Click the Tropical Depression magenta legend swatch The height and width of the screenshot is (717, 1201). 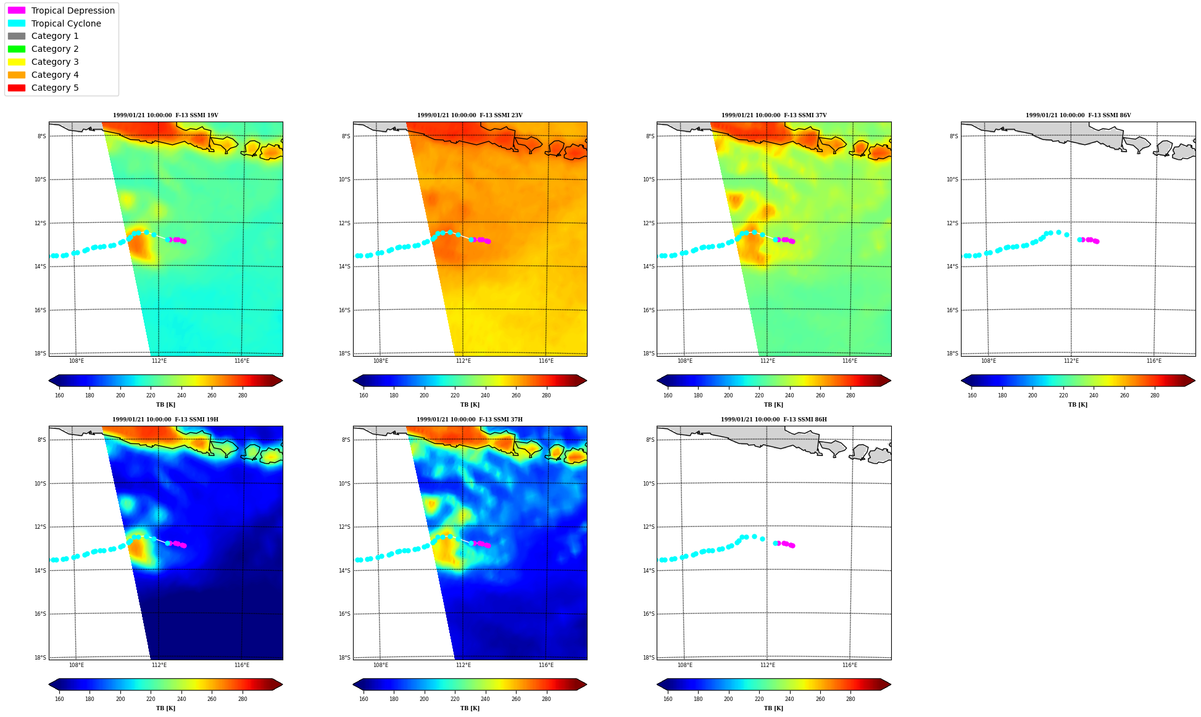(17, 10)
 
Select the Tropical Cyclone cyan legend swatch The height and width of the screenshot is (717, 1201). (17, 23)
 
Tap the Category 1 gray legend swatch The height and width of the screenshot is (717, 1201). (17, 36)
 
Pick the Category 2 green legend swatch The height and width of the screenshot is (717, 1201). (17, 49)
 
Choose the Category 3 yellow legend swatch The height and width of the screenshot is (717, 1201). (17, 62)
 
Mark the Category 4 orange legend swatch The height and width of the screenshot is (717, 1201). (17, 75)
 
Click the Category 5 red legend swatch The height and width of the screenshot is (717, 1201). (17, 88)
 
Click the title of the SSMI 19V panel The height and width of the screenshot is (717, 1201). (165, 115)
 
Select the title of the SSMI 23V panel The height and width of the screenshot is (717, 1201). (470, 115)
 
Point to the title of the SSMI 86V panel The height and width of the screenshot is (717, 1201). (1078, 115)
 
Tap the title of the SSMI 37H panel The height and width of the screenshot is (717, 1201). (470, 420)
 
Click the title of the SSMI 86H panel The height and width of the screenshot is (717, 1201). (774, 420)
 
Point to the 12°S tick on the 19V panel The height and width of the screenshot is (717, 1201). (41, 223)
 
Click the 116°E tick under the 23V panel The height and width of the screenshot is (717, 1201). (546, 361)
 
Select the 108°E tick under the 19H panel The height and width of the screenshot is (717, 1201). (77, 665)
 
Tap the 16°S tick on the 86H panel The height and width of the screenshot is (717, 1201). (649, 614)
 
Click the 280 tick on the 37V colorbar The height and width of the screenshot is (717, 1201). (850, 396)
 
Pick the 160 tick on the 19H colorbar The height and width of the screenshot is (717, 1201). (59, 699)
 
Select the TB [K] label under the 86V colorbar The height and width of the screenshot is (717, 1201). (1078, 405)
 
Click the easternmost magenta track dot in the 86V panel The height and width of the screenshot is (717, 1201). (1097, 241)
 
